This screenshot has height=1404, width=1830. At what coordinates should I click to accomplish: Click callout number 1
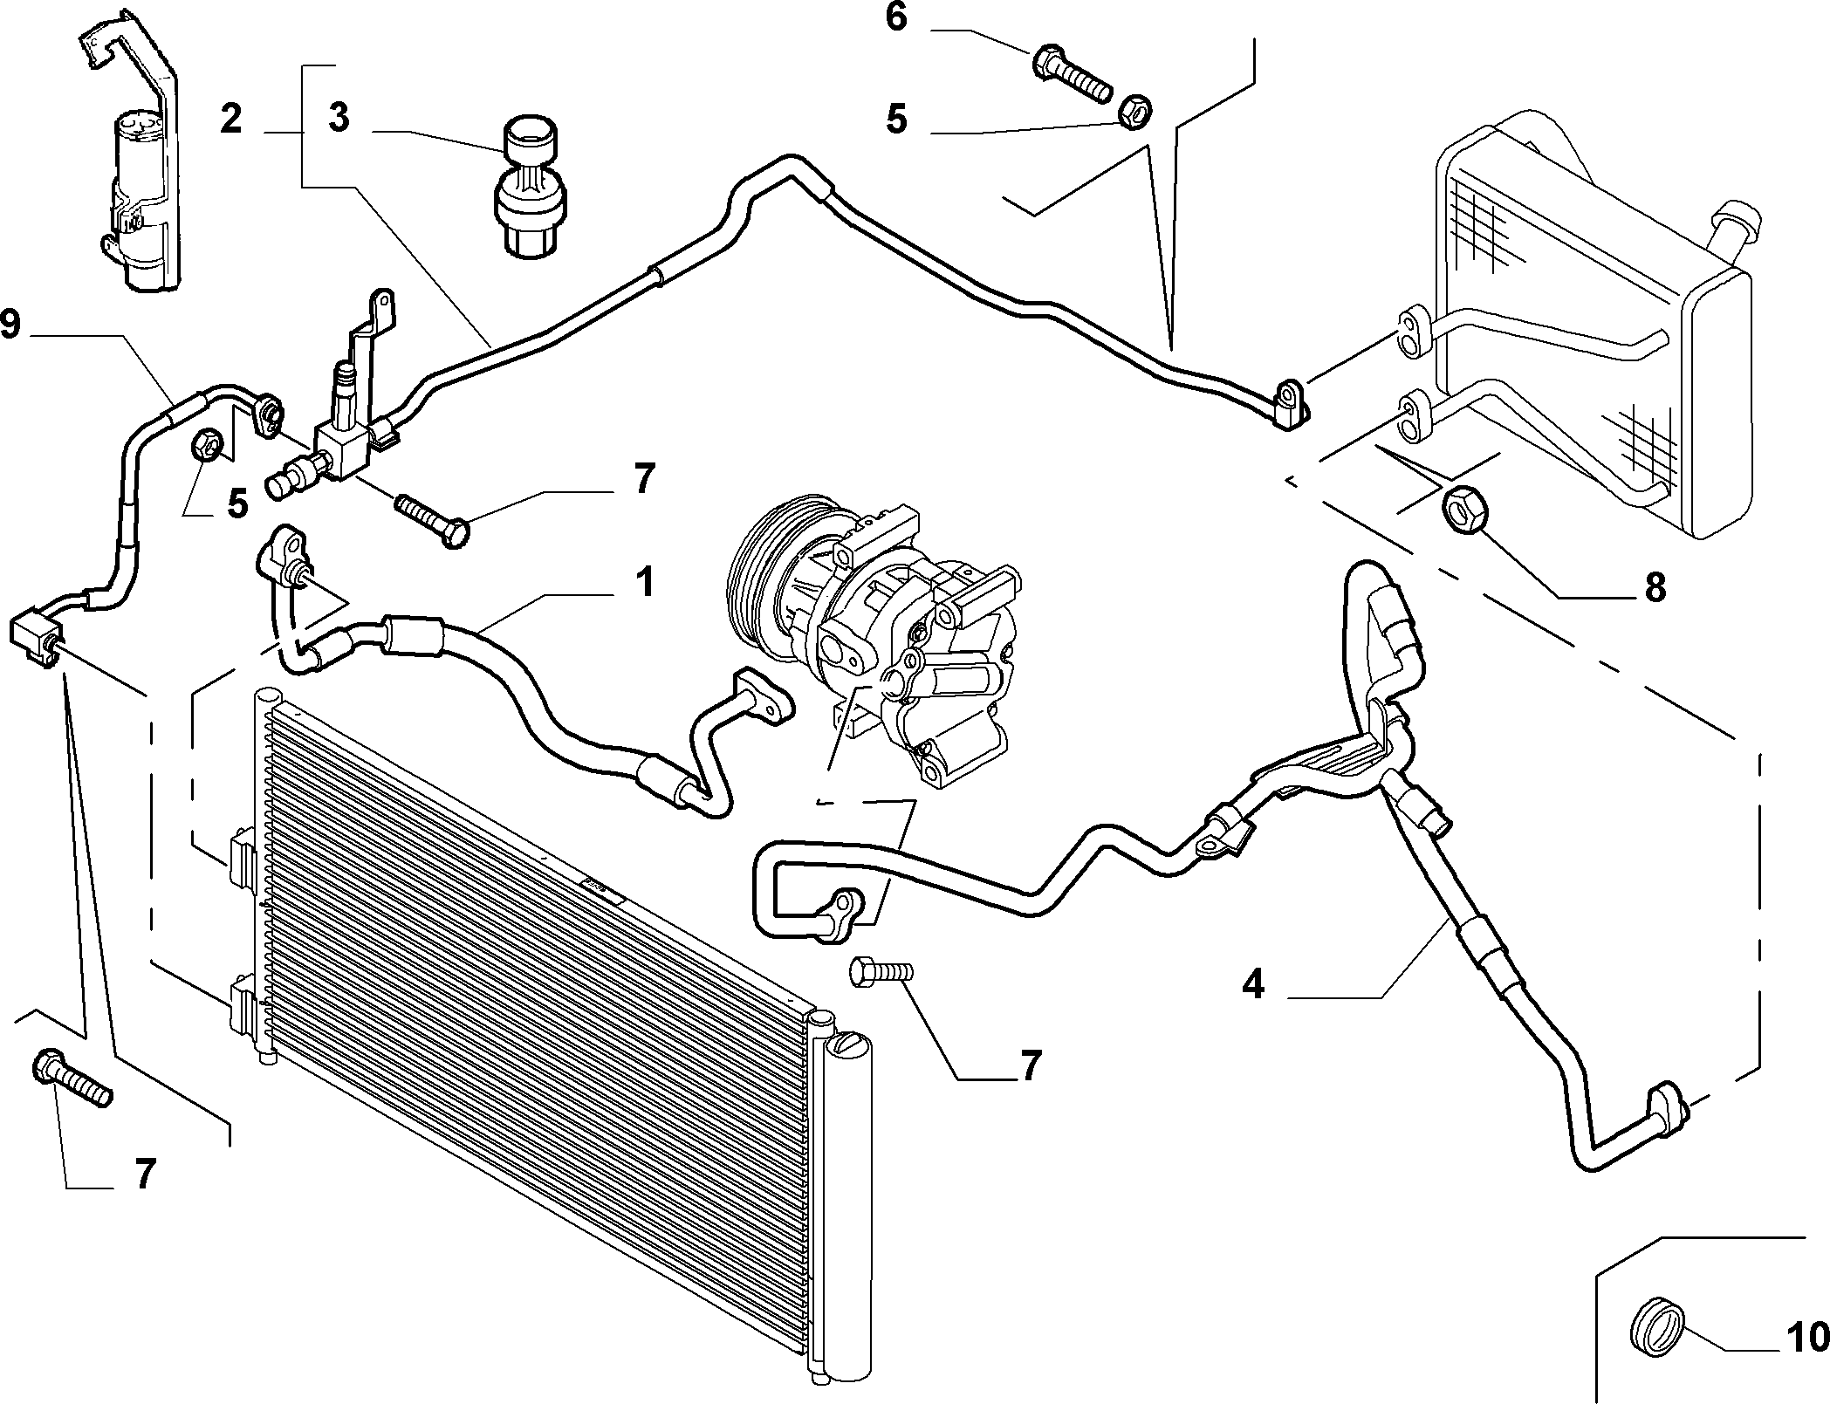pyautogui.click(x=644, y=583)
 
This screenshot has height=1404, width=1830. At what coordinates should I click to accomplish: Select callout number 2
pyautogui.click(x=230, y=119)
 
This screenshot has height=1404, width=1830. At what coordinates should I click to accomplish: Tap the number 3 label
pyautogui.click(x=339, y=119)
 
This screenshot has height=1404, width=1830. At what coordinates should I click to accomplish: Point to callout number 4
pyautogui.click(x=1252, y=985)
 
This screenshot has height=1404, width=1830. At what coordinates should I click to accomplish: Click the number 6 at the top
pyautogui.click(x=897, y=18)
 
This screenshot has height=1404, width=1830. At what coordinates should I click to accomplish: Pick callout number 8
pyautogui.click(x=1655, y=588)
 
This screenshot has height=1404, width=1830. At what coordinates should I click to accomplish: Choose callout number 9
pyautogui.click(x=10, y=325)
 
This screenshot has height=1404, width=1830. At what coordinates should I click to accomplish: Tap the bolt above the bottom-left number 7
pyautogui.click(x=72, y=1079)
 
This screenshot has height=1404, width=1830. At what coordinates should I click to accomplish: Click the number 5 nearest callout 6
pyautogui.click(x=896, y=120)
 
